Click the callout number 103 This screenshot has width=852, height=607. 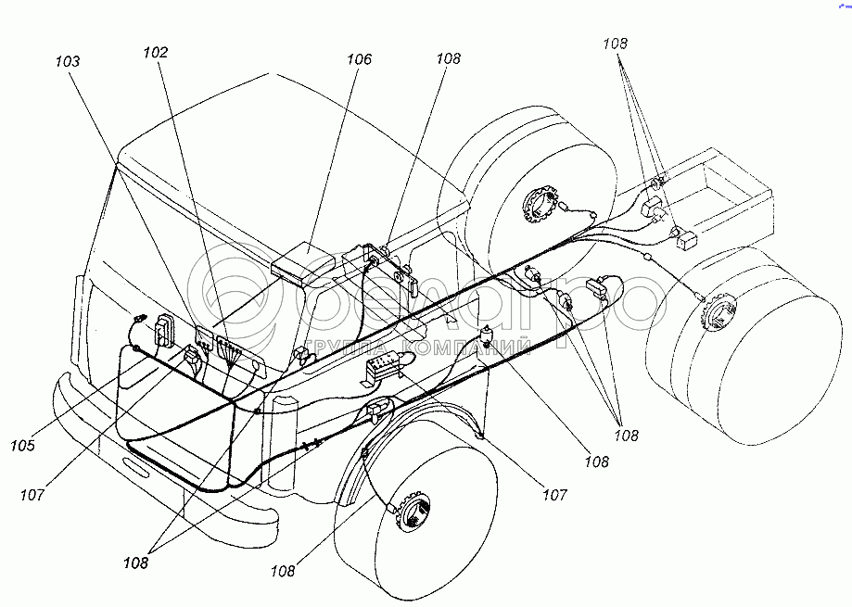[x=67, y=61]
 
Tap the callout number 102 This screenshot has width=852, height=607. [x=155, y=53]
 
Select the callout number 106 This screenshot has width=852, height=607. [x=358, y=59]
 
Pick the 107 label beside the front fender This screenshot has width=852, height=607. [x=553, y=495]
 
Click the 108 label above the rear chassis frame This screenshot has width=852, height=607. [x=615, y=43]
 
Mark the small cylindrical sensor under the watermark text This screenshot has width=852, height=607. [x=490, y=337]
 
